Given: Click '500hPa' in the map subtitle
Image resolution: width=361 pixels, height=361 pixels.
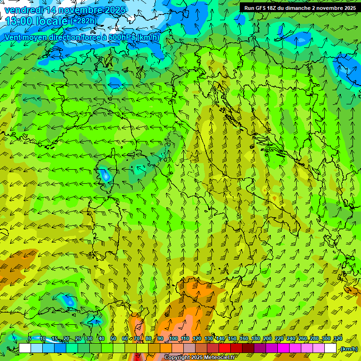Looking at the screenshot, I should coord(123,37).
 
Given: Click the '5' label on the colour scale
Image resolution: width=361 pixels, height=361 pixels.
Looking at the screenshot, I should coord(30,339).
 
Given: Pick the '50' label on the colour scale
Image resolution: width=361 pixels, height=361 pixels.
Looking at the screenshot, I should coord(113,339).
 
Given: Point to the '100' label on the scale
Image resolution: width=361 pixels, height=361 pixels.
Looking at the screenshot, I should coord(173,339).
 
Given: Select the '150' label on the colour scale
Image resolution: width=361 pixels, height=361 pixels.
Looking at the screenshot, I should coord(233,339).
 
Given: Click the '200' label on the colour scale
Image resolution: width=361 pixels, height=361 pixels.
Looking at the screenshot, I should coord(267,339).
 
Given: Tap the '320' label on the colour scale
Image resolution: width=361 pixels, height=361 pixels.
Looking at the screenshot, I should coord(337,339).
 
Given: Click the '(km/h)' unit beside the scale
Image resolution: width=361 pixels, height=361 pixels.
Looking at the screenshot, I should coord(348,349).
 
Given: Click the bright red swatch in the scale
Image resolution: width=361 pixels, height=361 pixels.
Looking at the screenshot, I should coord(225,348).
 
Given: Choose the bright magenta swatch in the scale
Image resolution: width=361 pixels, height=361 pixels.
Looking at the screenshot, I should coord(283,348).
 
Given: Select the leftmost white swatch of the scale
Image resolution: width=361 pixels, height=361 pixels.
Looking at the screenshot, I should coord(25,348).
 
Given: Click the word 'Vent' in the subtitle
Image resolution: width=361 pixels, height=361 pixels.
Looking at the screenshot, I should coord(13,37).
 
